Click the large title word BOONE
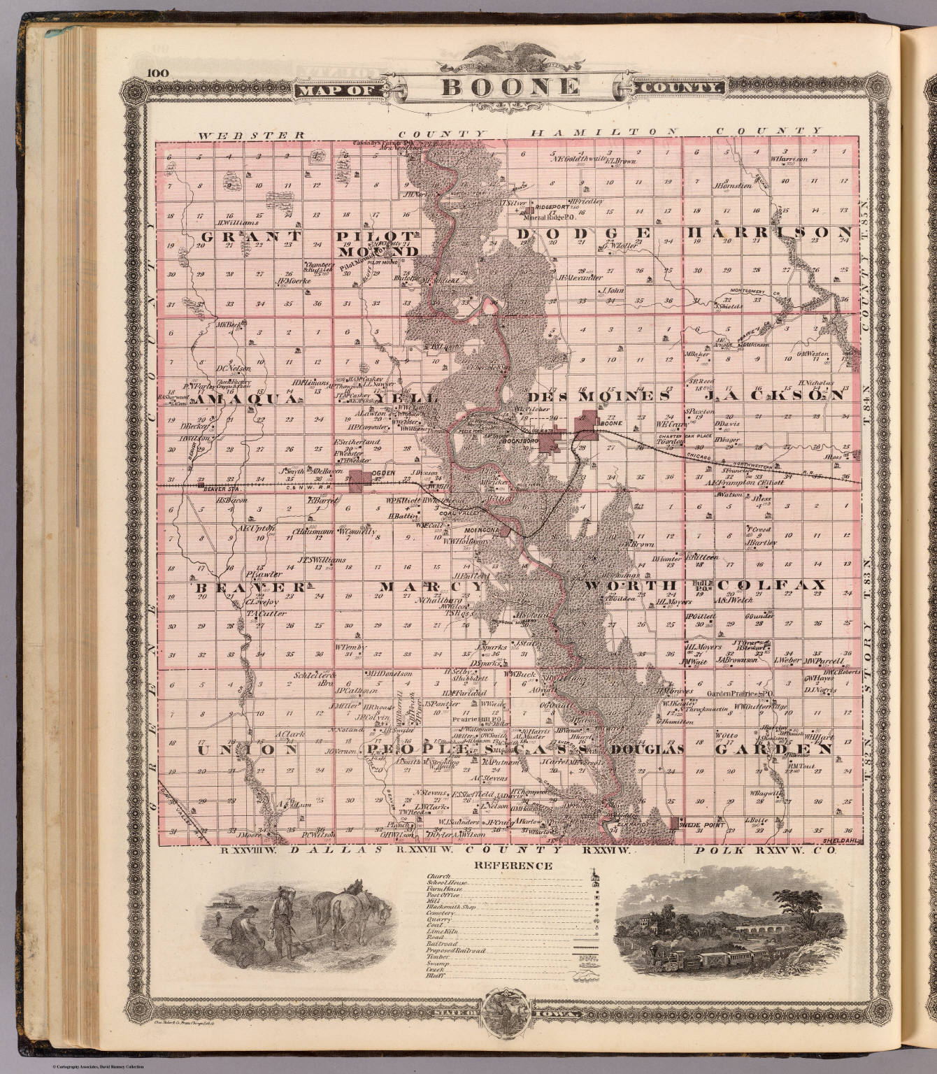510,87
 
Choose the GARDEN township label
774,749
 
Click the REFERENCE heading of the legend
513,866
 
